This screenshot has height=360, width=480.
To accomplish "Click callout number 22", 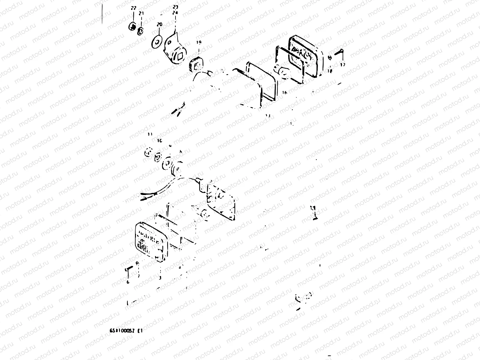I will [133, 8].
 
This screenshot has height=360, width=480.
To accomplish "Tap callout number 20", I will [159, 24].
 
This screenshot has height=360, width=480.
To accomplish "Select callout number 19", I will [199, 43].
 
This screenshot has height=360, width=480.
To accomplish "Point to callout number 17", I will [343, 64].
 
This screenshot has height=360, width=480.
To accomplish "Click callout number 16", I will [285, 93].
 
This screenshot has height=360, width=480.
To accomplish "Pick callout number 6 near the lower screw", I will [128, 282].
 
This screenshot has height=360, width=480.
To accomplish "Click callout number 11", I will [150, 134].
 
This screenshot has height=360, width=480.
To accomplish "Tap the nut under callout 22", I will [132, 27].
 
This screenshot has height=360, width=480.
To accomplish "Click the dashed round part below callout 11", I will [147, 153].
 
